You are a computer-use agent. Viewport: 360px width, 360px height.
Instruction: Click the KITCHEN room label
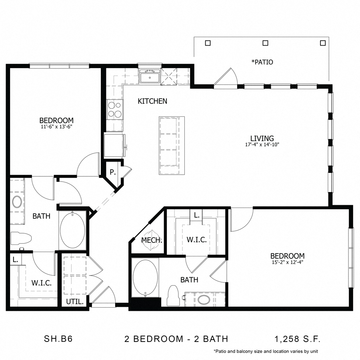pyautogui.click(x=152, y=101)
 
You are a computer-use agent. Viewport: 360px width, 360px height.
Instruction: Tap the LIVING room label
pyautogui.click(x=262, y=138)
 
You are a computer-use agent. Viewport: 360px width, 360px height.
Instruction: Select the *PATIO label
pyautogui.click(x=262, y=62)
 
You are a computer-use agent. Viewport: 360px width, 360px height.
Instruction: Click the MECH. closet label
pyautogui.click(x=152, y=240)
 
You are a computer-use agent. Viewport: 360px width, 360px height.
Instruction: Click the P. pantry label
pyautogui.click(x=113, y=172)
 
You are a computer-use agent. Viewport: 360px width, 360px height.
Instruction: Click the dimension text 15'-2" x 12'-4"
pyautogui.click(x=287, y=262)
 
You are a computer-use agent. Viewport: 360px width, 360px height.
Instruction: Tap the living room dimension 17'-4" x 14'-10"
pyautogui.click(x=262, y=145)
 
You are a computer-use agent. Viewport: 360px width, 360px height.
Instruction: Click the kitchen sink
pyautogui.click(x=150, y=76)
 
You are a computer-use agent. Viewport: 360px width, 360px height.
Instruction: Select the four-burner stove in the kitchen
pyautogui.click(x=115, y=109)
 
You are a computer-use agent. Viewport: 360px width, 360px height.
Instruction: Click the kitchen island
pyautogui.click(x=172, y=145)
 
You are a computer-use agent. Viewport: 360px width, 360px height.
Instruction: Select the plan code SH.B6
pyautogui.click(x=57, y=339)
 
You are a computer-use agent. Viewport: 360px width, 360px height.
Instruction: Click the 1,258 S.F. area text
pyautogui.click(x=298, y=339)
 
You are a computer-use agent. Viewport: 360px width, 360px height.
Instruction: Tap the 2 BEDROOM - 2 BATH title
pyautogui.click(x=176, y=339)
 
